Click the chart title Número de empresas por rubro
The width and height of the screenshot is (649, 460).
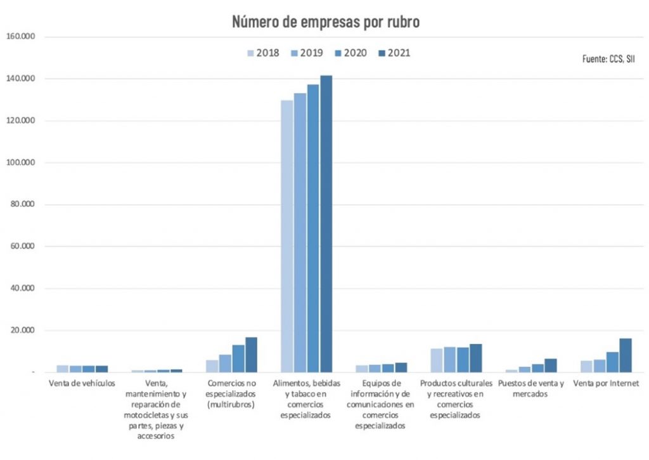click(326, 22)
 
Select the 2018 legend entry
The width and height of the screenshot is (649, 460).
click(262, 53)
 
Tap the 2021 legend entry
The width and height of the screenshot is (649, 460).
click(393, 53)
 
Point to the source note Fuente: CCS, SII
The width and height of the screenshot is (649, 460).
click(608, 58)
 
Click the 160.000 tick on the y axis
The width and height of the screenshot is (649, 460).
click(20, 37)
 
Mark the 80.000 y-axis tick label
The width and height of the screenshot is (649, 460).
click(22, 204)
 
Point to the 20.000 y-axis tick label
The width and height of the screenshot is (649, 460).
click(22, 331)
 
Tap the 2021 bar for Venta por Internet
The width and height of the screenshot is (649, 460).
click(626, 355)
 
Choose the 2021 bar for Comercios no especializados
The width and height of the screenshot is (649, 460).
click(252, 355)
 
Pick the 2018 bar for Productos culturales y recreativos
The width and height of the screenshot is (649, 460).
click(437, 360)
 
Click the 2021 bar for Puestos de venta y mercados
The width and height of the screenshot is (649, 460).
click(550, 365)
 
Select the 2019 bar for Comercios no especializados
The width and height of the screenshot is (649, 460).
click(225, 364)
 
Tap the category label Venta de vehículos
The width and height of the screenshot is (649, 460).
click(82, 383)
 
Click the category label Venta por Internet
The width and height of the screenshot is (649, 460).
click(606, 383)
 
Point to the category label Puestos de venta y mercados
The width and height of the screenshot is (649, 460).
click(530, 388)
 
